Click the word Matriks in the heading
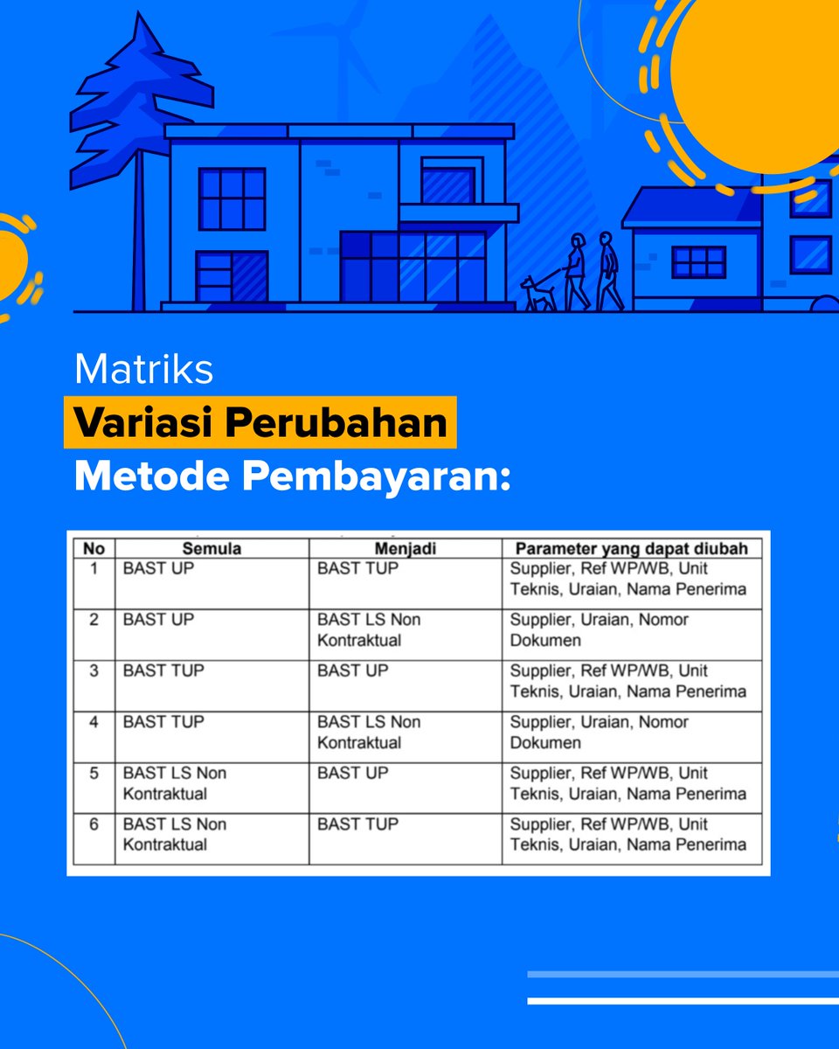[x=143, y=369]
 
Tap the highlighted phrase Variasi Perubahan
[x=260, y=423]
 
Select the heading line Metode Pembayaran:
[x=291, y=477]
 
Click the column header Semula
[x=211, y=549]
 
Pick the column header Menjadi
[x=405, y=549]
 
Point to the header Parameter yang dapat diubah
[x=631, y=549]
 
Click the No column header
[x=94, y=549]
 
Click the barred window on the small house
[x=698, y=261]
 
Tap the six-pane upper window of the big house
[x=232, y=198]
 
